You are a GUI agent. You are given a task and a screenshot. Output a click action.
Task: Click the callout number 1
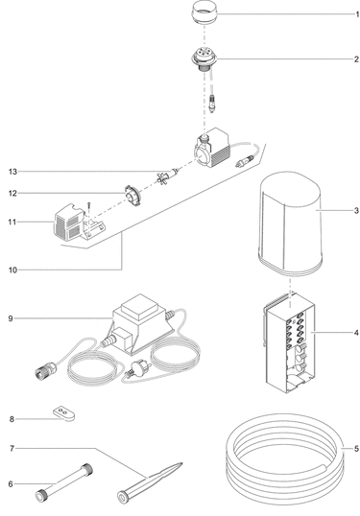[357, 14]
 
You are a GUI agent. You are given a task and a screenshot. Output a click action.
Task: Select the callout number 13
[12, 172]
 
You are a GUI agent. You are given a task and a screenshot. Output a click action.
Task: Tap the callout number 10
[12, 270]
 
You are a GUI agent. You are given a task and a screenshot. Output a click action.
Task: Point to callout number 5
[356, 449]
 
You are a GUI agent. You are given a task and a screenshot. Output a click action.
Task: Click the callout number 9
[11, 318]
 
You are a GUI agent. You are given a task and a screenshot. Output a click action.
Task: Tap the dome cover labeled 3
[290, 223]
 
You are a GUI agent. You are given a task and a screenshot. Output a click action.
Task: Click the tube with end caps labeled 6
[64, 482]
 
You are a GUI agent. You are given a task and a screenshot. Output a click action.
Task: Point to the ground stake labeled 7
[149, 482]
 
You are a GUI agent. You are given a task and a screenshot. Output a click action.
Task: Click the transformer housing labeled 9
[142, 326]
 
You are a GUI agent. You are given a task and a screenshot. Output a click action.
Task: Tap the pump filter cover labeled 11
[70, 223]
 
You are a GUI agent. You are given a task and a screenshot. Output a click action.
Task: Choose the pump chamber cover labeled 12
[132, 196]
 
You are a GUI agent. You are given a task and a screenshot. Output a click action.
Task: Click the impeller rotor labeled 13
[167, 176]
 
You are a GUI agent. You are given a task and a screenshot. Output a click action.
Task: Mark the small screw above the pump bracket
[88, 206]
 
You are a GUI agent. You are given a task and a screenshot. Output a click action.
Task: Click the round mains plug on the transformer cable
[137, 369]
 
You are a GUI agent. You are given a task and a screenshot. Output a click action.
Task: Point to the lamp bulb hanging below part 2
[212, 104]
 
